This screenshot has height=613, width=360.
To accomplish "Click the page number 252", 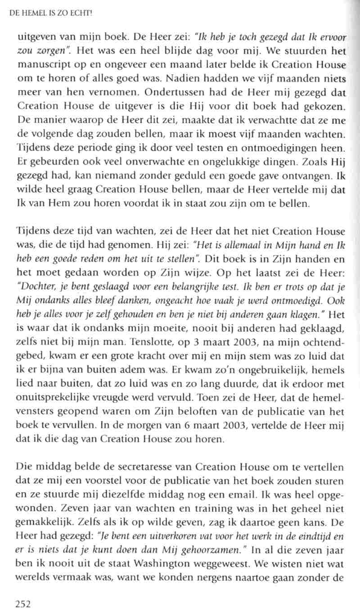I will pyautogui.click(x=22, y=604).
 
